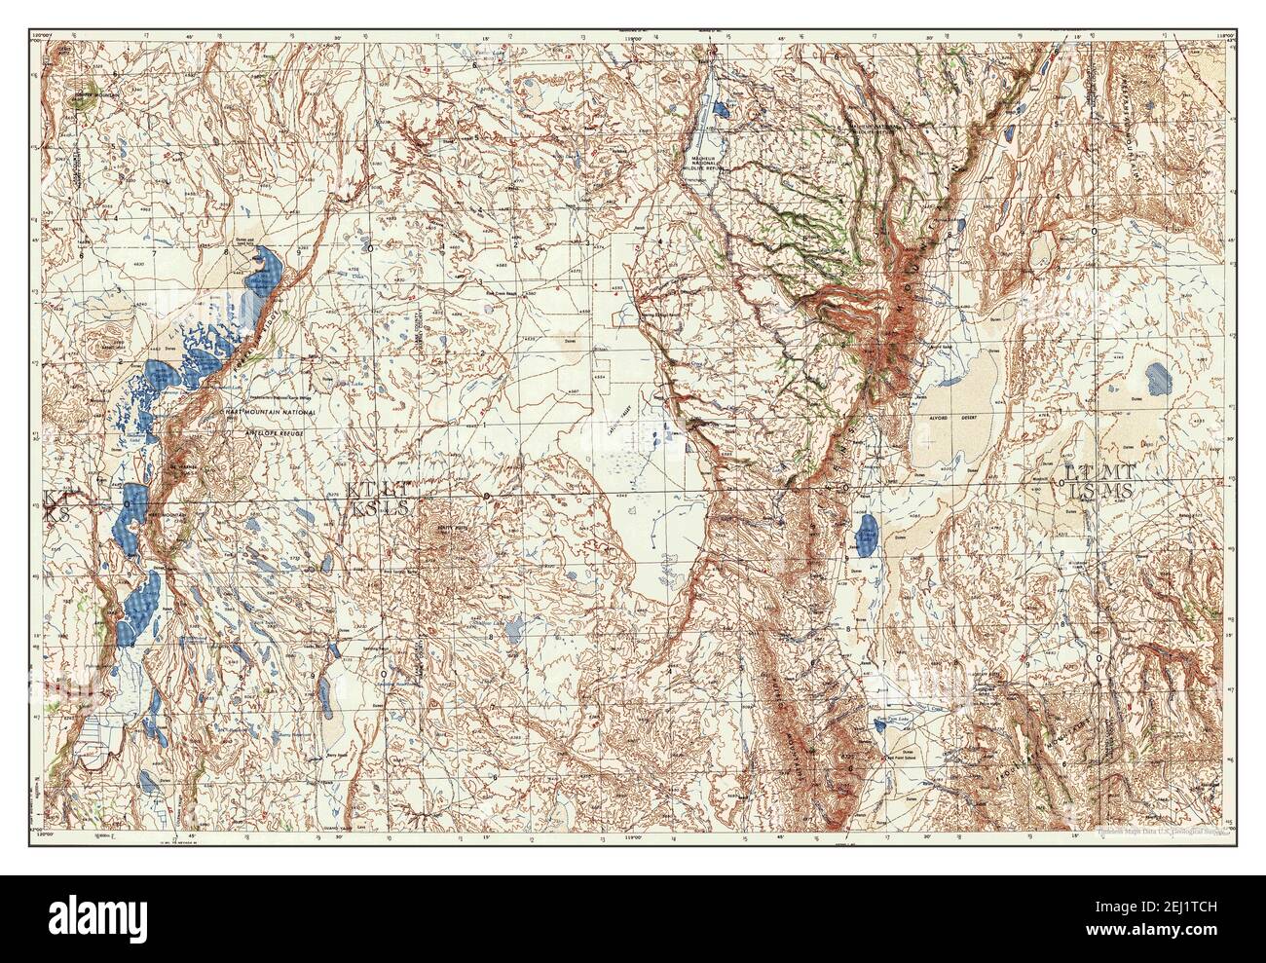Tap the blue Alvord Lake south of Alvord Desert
[x=865, y=535]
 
